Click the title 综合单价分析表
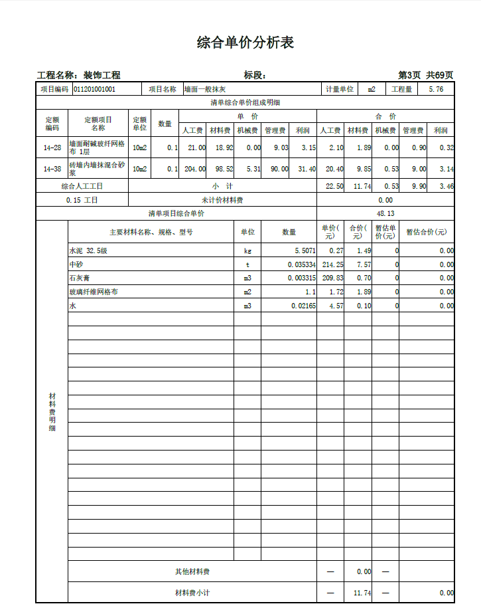pyautogui.click(x=245, y=43)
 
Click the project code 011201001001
pyautogui.click(x=94, y=89)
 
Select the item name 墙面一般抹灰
pyautogui.click(x=205, y=89)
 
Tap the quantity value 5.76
pyautogui.click(x=436, y=89)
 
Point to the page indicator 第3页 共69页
pyautogui.click(x=425, y=75)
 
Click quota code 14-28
pyautogui.click(x=52, y=148)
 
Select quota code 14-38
pyautogui.click(x=52, y=169)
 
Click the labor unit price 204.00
pyautogui.click(x=194, y=169)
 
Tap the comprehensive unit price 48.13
pyautogui.click(x=385, y=214)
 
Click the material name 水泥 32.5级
pyautogui.click(x=88, y=251)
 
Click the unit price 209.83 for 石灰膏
pyautogui.click(x=332, y=278)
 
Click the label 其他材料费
pyautogui.click(x=192, y=571)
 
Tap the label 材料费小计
pyautogui.click(x=192, y=593)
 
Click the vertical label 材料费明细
pyautogui.click(x=52, y=412)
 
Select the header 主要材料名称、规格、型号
pyautogui.click(x=151, y=233)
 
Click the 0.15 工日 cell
pyautogui.click(x=82, y=200)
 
